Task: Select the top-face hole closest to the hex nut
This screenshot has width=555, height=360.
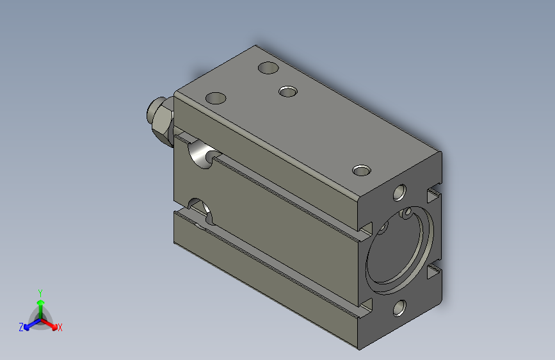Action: tap(216, 98)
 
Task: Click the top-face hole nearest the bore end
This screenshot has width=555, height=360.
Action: tap(362, 170)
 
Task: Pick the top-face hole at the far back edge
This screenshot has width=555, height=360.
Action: tap(268, 68)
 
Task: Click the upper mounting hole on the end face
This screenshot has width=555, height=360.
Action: tap(399, 193)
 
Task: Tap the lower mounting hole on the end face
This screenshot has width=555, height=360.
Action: tap(399, 308)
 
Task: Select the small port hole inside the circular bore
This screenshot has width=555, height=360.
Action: tap(406, 213)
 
